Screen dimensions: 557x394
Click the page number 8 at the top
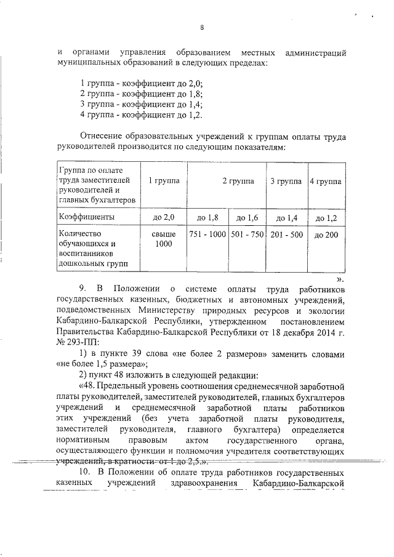[201, 26]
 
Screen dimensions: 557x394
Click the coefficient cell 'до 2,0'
[164, 217]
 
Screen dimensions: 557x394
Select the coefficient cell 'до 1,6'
[247, 217]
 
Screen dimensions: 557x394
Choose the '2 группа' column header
[227, 182]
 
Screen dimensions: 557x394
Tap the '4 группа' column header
[326, 182]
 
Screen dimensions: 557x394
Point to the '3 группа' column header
[287, 182]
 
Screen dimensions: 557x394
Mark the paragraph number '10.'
[86, 471]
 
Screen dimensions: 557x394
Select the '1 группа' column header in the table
[164, 182]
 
